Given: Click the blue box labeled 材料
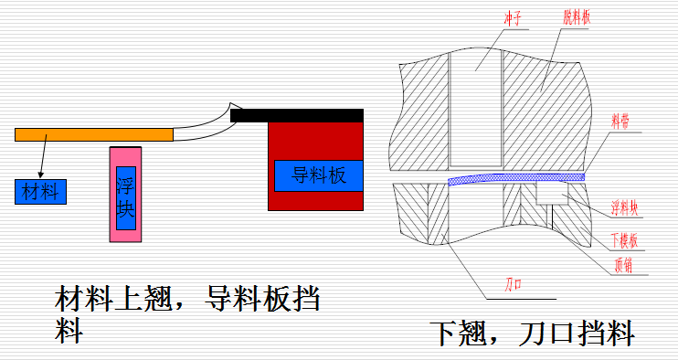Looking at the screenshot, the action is (40, 191).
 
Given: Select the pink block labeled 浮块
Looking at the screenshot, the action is (126, 194).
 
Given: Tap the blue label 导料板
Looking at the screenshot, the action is (319, 175).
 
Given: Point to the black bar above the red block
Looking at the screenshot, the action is (297, 115).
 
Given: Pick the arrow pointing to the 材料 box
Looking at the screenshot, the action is (42, 160).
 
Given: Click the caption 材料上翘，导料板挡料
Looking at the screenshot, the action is (187, 312).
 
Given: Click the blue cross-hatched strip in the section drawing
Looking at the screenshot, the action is (517, 178).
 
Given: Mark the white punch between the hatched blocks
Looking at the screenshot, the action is (476, 110).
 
